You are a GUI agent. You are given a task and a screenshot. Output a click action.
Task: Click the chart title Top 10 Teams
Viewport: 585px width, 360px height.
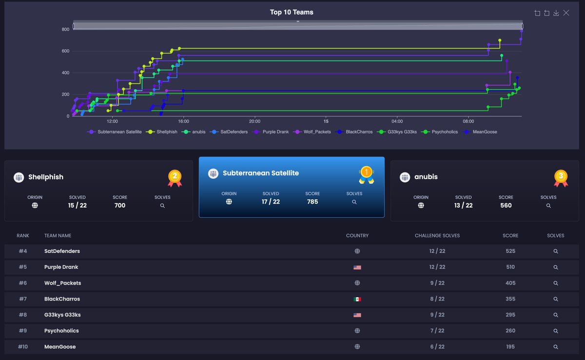tap(292, 12)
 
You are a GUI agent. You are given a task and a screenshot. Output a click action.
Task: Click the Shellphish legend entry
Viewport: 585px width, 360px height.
tap(163, 132)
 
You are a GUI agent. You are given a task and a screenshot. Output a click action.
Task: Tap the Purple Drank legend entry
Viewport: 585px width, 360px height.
tap(272, 132)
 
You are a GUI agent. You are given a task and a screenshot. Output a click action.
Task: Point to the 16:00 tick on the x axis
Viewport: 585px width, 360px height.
tap(183, 121)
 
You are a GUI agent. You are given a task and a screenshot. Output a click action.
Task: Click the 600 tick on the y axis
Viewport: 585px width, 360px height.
tap(65, 51)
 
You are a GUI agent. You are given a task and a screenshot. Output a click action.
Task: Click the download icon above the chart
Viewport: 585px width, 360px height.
tap(556, 13)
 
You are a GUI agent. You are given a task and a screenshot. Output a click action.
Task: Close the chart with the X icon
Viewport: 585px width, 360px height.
tap(566, 13)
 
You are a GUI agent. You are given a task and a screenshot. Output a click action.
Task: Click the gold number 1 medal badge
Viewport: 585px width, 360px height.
tap(366, 174)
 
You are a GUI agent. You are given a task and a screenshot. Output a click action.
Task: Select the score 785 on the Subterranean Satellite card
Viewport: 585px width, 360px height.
tap(312, 202)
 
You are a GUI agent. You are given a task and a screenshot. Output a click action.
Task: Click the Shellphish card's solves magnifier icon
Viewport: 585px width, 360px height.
tap(162, 206)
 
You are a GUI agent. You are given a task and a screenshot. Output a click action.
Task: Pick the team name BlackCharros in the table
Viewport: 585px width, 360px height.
tap(62, 299)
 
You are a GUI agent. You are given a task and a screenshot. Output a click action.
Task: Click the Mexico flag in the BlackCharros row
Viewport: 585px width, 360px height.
tap(357, 299)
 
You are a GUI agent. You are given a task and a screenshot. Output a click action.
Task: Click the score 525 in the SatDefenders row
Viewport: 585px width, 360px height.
tap(510, 251)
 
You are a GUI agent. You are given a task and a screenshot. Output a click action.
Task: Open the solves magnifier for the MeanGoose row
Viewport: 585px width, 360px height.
tap(556, 347)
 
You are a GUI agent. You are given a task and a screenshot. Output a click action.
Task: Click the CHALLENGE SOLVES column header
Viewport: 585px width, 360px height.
tap(437, 236)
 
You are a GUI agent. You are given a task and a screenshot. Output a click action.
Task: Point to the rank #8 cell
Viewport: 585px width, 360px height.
tap(23, 315)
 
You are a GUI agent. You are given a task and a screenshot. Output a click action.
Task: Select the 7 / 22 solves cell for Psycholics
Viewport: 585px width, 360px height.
tap(437, 331)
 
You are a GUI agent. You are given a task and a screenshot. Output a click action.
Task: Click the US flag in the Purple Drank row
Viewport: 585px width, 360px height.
tap(357, 267)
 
